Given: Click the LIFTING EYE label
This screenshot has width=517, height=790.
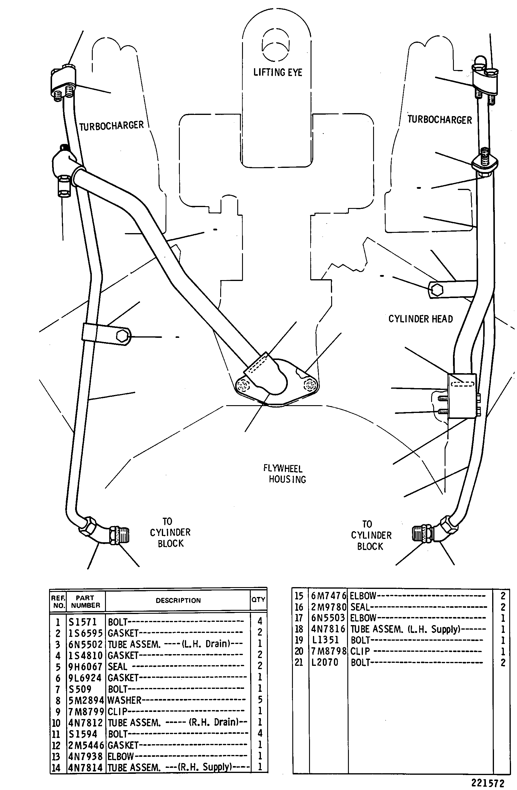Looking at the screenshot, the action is point(278,72).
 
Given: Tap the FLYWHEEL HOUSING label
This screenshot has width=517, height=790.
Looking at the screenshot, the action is point(285,474).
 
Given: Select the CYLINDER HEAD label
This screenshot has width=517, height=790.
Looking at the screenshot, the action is point(420,319).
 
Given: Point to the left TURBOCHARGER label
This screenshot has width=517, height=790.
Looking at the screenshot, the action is point(112,126).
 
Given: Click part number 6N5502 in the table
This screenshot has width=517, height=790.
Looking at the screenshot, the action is point(86,644).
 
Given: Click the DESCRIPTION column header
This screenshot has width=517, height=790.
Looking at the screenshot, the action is point(178,601).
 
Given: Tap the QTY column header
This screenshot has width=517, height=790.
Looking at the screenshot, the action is point(258,599).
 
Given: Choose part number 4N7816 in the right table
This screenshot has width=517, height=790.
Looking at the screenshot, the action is point(328,629).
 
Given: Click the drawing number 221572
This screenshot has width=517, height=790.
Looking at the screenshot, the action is point(487,783).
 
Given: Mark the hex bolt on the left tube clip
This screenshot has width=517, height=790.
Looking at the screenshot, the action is point(123,336).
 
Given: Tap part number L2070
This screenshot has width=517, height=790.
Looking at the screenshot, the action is point(325,663).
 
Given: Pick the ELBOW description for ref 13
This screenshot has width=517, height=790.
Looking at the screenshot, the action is point(121,756).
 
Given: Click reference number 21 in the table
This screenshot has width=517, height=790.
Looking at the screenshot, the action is point(299,663).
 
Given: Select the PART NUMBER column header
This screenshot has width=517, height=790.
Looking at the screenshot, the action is point(85,601).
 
